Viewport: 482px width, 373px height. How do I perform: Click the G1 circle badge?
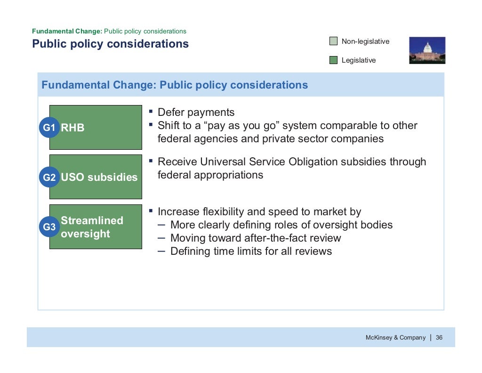click(x=49, y=128)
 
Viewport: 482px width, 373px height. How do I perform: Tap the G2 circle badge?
click(x=49, y=178)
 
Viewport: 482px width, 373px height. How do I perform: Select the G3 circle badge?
click(x=49, y=227)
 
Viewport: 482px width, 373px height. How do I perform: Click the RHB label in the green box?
click(x=73, y=128)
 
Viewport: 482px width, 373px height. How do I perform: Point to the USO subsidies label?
click(x=99, y=178)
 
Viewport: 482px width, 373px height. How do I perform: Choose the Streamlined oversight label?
click(x=92, y=227)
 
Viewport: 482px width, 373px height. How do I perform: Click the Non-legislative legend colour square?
click(x=333, y=41)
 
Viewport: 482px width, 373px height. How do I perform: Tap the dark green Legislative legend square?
click(x=333, y=60)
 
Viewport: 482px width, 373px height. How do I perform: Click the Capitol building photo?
click(x=427, y=50)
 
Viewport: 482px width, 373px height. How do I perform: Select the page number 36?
click(x=439, y=338)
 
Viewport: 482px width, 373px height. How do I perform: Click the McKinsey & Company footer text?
click(x=395, y=338)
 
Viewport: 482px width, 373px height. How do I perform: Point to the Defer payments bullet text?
click(x=196, y=113)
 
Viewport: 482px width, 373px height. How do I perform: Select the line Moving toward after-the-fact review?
click(x=256, y=238)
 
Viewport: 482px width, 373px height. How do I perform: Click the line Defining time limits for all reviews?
click(x=251, y=251)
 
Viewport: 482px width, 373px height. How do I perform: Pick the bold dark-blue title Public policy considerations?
click(x=110, y=44)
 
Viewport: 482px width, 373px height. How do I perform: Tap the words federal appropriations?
click(x=210, y=175)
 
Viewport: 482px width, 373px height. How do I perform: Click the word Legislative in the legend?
click(x=359, y=60)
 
